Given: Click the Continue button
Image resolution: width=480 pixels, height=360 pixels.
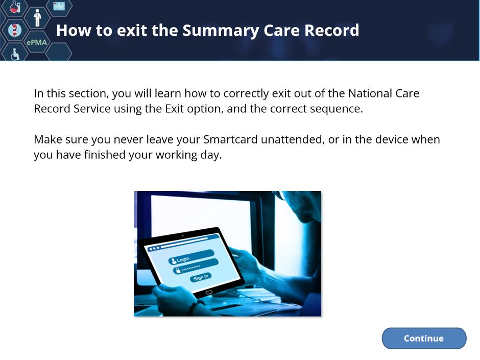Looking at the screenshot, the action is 424,338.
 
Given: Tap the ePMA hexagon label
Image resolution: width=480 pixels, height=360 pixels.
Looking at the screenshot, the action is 37,42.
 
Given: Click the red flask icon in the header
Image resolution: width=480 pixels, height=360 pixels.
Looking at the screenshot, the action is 15,7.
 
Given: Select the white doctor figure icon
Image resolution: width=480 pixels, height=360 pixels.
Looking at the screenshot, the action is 37,18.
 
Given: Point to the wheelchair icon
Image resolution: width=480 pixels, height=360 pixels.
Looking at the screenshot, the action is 15,54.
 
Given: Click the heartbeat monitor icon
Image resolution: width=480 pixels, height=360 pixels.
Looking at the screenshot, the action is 59,6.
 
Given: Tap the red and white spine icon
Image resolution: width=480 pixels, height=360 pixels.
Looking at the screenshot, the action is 14,30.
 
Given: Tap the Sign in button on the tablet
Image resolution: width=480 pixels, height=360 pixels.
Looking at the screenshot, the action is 201,277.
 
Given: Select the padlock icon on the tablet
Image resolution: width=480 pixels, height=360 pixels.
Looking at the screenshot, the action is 177,271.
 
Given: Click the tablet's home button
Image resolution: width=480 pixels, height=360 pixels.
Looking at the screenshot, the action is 209,293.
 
